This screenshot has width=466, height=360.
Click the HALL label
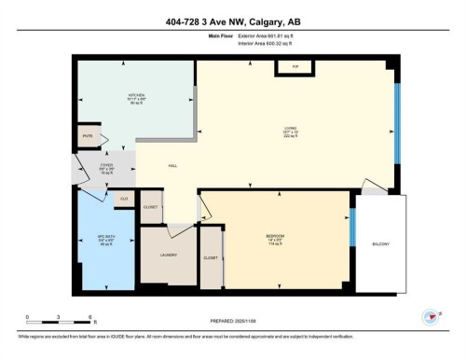[172, 166]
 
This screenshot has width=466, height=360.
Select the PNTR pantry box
[89, 136]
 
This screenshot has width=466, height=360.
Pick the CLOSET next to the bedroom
[211, 256]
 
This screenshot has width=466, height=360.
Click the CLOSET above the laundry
[151, 207]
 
